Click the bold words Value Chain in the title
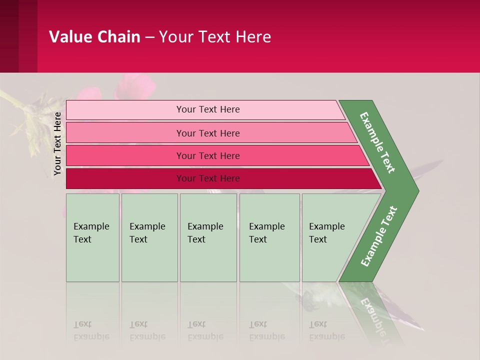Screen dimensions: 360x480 [x=94, y=37]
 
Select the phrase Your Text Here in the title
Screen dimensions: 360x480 [x=215, y=37]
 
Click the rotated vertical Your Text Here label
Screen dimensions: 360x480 [x=58, y=143]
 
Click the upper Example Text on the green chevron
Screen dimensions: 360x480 [x=377, y=142]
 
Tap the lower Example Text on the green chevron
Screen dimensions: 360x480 [x=378, y=236]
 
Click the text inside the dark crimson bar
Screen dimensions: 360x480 [x=208, y=178]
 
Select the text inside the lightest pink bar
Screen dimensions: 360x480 [x=208, y=109]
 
